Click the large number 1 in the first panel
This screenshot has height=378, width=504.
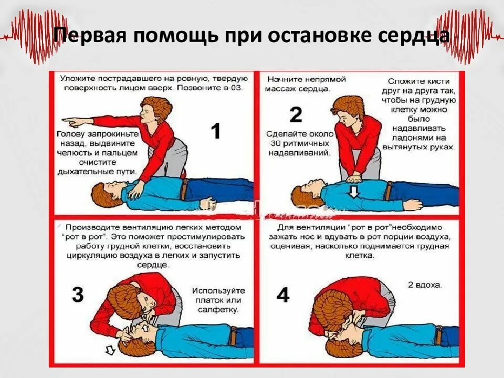pyautogui.click(x=216, y=131)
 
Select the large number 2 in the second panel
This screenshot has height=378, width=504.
pyautogui.click(x=296, y=114)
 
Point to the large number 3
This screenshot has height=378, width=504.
pyautogui.click(x=77, y=295)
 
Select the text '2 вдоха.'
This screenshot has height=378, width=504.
pyautogui.click(x=425, y=286)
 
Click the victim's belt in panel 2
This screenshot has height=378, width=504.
pyautogui.click(x=388, y=191)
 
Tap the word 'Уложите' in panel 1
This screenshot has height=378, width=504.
pyautogui.click(x=77, y=78)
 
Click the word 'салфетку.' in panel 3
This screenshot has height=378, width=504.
pyautogui.click(x=216, y=310)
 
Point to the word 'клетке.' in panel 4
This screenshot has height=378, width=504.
pyautogui.click(x=360, y=256)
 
